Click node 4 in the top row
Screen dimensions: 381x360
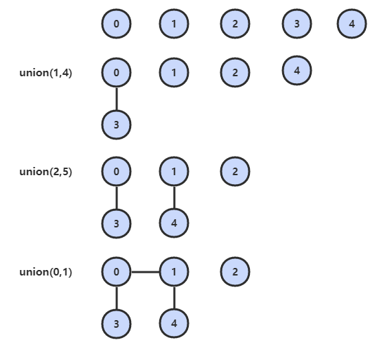pos(351,23)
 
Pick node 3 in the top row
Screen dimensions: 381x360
pos(297,23)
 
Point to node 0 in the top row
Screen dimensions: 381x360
pos(117,23)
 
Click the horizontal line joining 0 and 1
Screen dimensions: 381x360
pos(146,271)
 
